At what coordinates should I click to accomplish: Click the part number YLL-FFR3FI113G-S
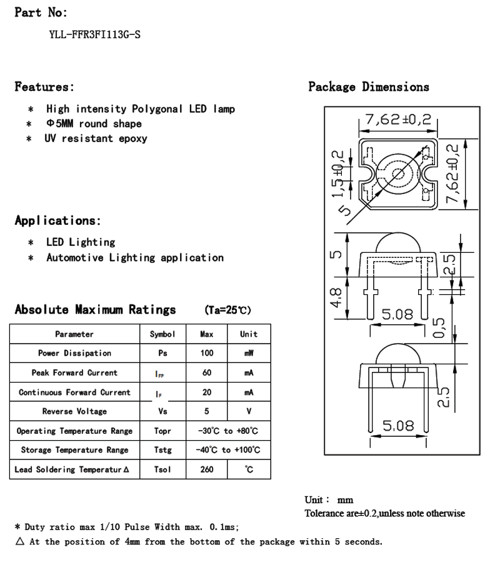[x=94, y=35]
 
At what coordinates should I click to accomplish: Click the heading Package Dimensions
[x=369, y=87]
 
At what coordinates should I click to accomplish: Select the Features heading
[x=44, y=87]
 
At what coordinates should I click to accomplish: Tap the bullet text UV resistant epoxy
[x=96, y=138]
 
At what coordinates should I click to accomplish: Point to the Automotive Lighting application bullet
[x=135, y=257]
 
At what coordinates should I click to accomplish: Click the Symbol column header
[x=162, y=334]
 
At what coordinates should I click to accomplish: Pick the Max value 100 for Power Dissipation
[x=207, y=353]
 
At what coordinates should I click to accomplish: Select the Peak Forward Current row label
[x=74, y=372]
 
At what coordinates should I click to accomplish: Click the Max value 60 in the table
[x=207, y=372]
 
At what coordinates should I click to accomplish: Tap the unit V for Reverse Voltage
[x=249, y=411]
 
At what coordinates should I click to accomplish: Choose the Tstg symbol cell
[x=162, y=450]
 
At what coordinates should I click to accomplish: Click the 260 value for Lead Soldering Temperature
[x=207, y=469]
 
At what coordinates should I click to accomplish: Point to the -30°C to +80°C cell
[x=227, y=431]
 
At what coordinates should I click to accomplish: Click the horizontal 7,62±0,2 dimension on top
[x=398, y=119]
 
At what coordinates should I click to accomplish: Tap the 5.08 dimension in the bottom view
[x=398, y=426]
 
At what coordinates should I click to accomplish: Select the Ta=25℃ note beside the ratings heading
[x=227, y=310]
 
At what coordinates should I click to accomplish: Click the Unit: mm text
[x=329, y=500]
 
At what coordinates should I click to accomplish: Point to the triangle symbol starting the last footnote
[x=20, y=541]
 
